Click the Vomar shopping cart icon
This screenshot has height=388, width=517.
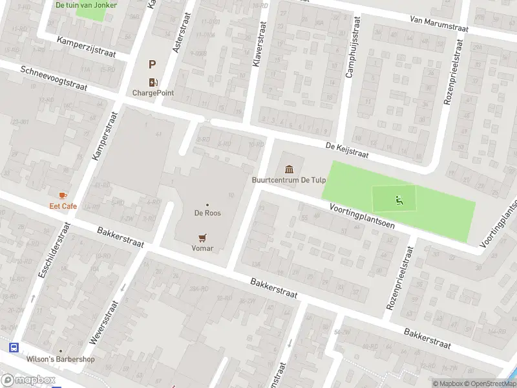click(x=202, y=237)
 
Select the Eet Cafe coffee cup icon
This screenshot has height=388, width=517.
click(x=63, y=195)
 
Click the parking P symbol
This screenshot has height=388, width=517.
click(x=153, y=64)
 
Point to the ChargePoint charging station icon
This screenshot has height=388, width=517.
click(x=153, y=81)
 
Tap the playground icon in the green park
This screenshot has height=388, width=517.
click(x=398, y=200)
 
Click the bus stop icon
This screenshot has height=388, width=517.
click(x=14, y=347)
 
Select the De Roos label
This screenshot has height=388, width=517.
click(x=207, y=212)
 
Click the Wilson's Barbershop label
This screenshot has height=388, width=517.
click(x=61, y=360)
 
